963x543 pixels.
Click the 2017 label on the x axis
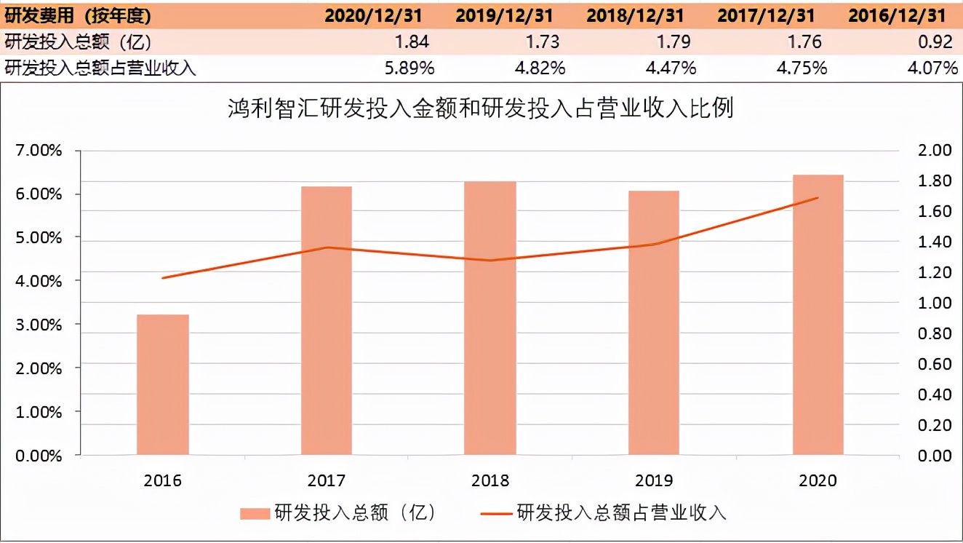[327, 480]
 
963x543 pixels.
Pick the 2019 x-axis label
[654, 480]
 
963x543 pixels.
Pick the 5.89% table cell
[409, 68]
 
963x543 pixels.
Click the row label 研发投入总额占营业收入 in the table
[100, 68]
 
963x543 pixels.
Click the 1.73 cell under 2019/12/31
[542, 41]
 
